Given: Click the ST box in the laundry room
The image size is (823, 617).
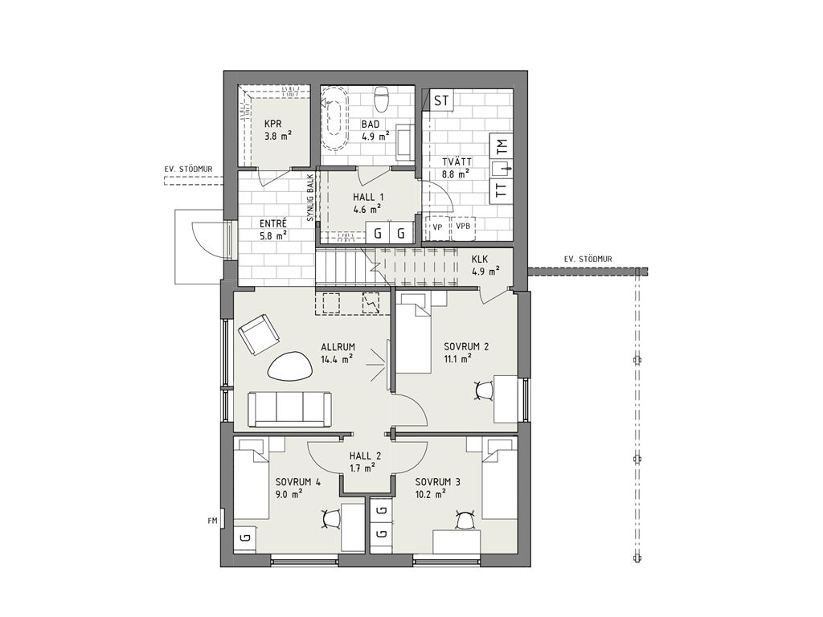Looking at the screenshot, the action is [x=442, y=100].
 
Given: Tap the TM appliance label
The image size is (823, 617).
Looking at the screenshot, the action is [x=502, y=145].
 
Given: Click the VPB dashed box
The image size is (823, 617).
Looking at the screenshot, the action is [x=463, y=227].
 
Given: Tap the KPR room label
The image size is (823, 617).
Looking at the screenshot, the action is [x=273, y=125].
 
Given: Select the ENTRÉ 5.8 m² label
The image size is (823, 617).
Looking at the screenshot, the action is [x=273, y=230].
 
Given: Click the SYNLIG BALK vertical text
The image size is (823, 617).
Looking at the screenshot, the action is [x=310, y=198].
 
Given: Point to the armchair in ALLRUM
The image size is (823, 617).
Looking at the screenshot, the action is [x=258, y=333].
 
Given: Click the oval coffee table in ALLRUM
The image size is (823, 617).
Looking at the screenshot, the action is [x=289, y=366].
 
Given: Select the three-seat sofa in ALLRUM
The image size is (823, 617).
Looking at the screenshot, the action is [x=290, y=409].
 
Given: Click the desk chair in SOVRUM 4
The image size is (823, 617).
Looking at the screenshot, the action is [x=330, y=519].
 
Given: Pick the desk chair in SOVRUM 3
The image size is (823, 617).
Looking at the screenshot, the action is [x=465, y=520].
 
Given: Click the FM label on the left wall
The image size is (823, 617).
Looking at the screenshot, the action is [x=212, y=521].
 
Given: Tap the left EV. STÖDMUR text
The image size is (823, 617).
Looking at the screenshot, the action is [x=188, y=170].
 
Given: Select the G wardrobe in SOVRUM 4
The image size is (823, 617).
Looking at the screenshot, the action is [x=244, y=537].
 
